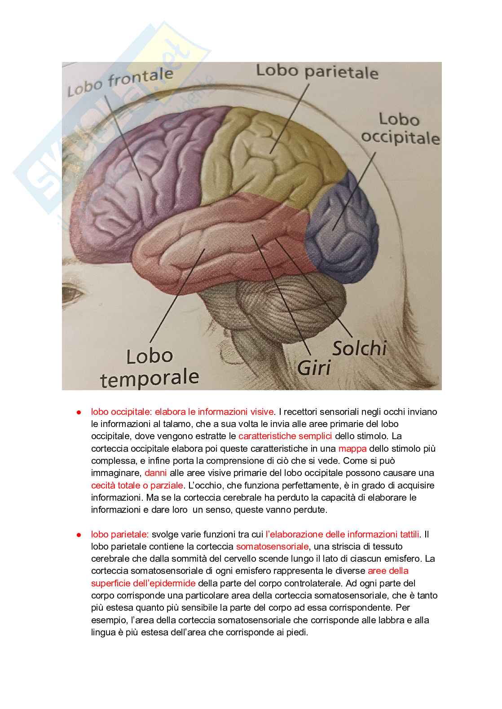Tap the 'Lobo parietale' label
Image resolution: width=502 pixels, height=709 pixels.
coord(317,72)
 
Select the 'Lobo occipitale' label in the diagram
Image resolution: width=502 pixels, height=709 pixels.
coord(400,128)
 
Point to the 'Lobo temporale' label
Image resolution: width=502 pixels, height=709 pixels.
coord(150,367)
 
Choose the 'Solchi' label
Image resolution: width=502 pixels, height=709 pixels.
coord(359,348)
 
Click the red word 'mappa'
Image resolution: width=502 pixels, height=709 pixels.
coord(352,449)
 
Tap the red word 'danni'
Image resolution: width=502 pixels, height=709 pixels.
coord(155,473)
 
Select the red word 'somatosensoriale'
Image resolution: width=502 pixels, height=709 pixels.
coord(272,546)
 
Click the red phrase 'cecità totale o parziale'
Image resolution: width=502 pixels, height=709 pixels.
coord(137,485)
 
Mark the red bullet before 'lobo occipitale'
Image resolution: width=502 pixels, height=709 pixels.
coord(78,412)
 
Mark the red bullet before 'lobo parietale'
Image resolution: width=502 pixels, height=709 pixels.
coord(78,534)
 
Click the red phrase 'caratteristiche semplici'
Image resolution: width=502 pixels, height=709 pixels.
coord(285,436)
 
